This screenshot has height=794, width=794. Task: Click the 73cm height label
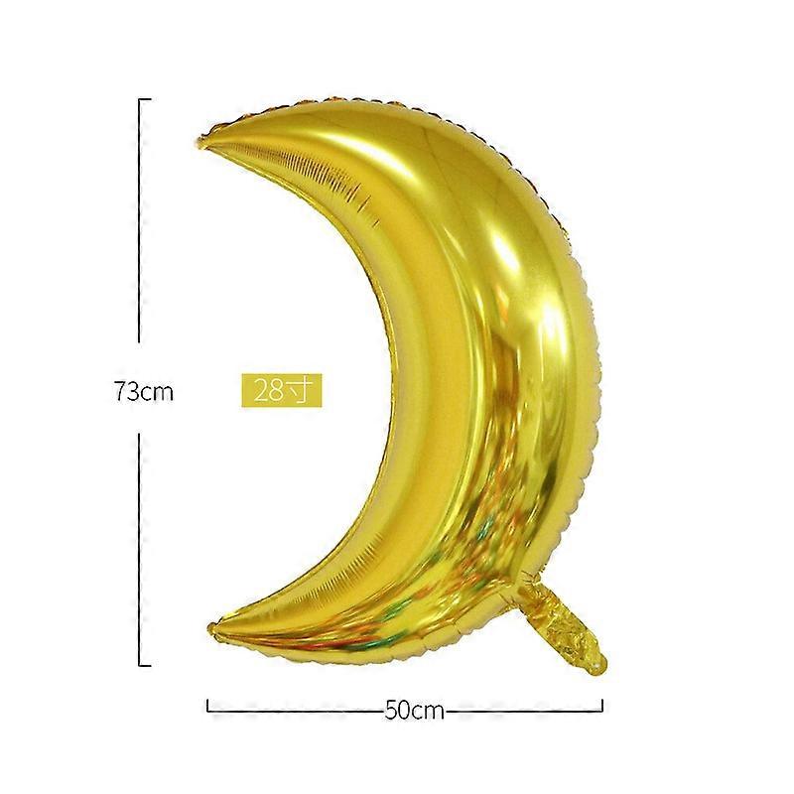click(x=144, y=391)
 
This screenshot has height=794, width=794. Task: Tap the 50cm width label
click(x=414, y=711)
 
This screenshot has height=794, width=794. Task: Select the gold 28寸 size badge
click(x=282, y=390)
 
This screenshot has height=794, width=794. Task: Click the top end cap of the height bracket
click(x=145, y=99)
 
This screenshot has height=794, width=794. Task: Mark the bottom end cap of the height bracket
click(x=145, y=665)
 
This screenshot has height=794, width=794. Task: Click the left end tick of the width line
click(x=207, y=705)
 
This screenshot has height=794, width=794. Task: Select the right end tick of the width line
click(x=601, y=705)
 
